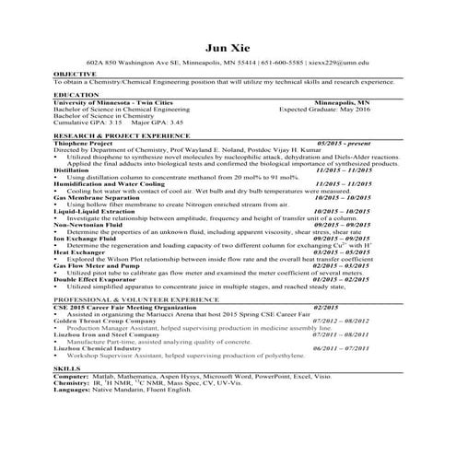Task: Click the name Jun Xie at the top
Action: click(228, 47)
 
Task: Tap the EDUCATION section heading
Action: click(76, 94)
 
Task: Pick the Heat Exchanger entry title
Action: click(80, 251)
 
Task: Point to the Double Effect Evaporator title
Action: click(95, 278)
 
